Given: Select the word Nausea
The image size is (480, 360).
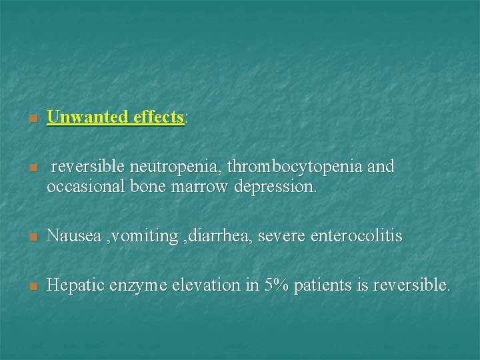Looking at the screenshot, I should pos(74,236).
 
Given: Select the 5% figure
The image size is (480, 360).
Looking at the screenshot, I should pos(277,285).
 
